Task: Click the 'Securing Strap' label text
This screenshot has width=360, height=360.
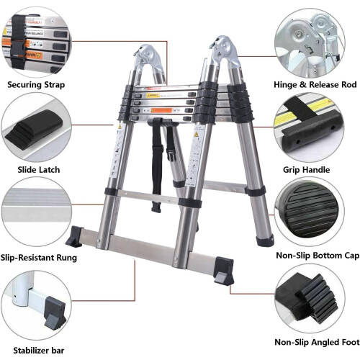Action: pyautogui.click(x=36, y=85)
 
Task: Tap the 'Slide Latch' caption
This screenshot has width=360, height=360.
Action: pyautogui.click(x=35, y=170)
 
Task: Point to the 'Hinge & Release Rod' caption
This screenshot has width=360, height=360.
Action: pyautogui.click(x=316, y=85)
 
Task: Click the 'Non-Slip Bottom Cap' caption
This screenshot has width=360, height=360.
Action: pyautogui.click(x=316, y=255)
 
